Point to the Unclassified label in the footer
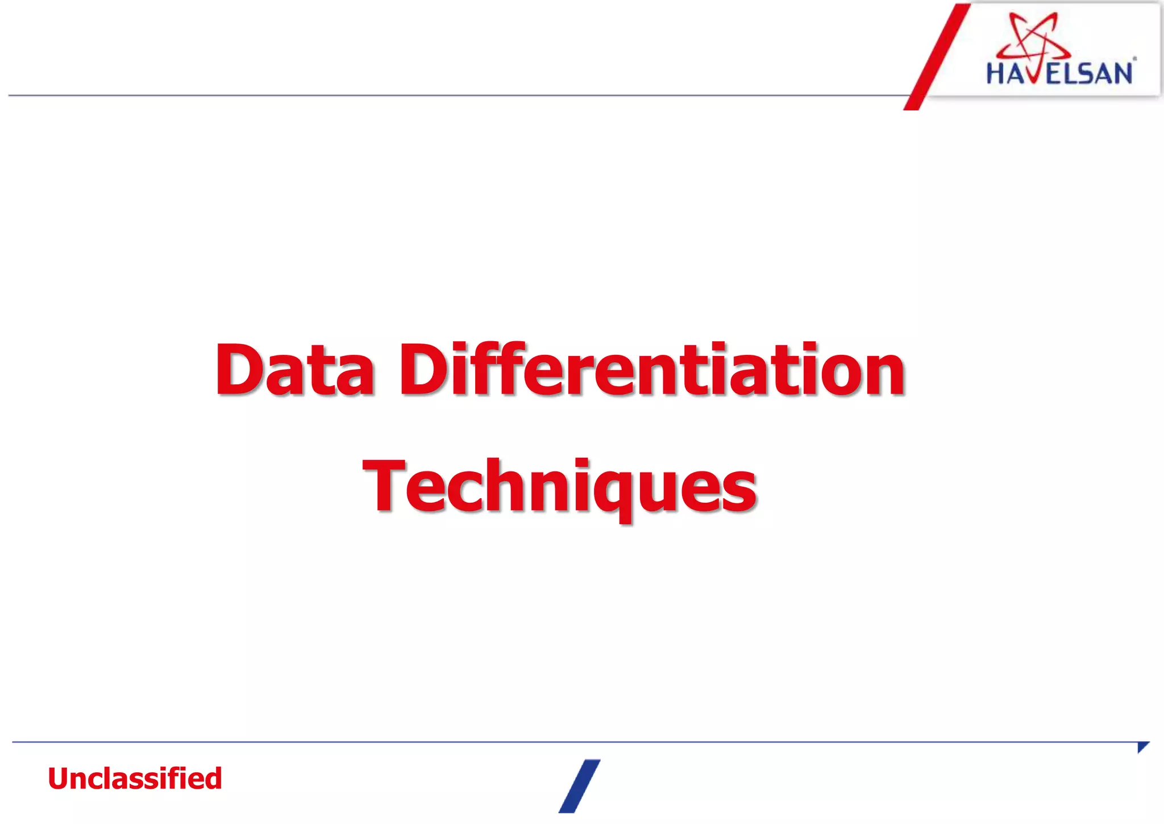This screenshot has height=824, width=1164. coord(135,779)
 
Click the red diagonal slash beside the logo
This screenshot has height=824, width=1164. coord(937,57)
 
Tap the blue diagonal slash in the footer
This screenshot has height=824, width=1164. coord(579,786)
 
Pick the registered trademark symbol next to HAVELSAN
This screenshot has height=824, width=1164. coord(1134,59)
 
